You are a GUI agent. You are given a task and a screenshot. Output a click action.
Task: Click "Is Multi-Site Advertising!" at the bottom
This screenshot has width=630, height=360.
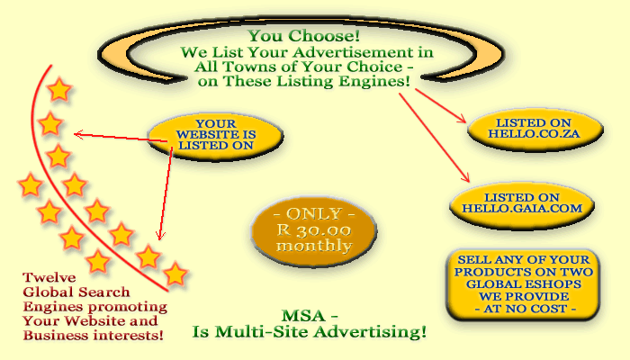310,332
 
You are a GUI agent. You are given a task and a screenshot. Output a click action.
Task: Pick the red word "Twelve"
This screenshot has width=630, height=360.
43,278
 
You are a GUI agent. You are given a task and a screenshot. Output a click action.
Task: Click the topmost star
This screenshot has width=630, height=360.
58,90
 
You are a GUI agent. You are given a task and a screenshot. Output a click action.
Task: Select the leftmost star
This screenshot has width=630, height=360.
30,186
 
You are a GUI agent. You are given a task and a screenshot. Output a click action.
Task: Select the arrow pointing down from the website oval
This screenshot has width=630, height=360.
166,193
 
